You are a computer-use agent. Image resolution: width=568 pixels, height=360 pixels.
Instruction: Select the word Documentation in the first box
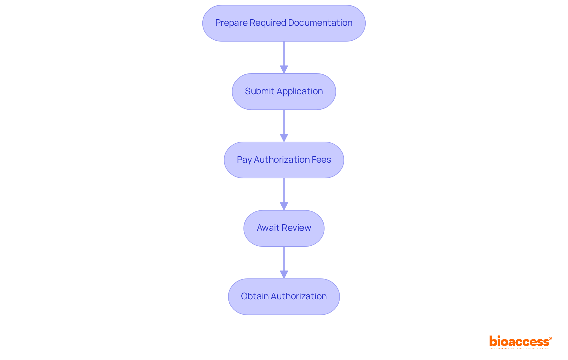point(320,23)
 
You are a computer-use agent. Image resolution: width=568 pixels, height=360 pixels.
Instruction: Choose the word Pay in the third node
point(244,160)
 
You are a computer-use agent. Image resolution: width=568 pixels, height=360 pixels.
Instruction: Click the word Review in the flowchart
point(296,228)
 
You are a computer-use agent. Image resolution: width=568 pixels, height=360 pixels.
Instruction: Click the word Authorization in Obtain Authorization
point(298,296)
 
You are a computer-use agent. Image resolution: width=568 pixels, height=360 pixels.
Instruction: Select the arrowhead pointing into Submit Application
point(284,70)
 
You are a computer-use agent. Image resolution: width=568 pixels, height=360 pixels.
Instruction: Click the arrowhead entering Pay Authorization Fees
point(284,138)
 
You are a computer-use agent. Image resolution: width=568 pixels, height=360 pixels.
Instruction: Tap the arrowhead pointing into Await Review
point(284,207)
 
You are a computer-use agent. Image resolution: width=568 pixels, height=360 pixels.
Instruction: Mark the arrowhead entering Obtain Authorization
point(284,275)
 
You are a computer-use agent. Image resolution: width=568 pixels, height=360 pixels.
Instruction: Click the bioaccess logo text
point(519,342)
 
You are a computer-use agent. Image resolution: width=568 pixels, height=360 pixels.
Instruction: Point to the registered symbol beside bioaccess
point(550,338)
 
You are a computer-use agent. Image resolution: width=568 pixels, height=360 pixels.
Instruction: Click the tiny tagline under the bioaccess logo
point(519,349)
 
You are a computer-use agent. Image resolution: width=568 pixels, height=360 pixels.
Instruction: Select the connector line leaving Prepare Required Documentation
point(284,53)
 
